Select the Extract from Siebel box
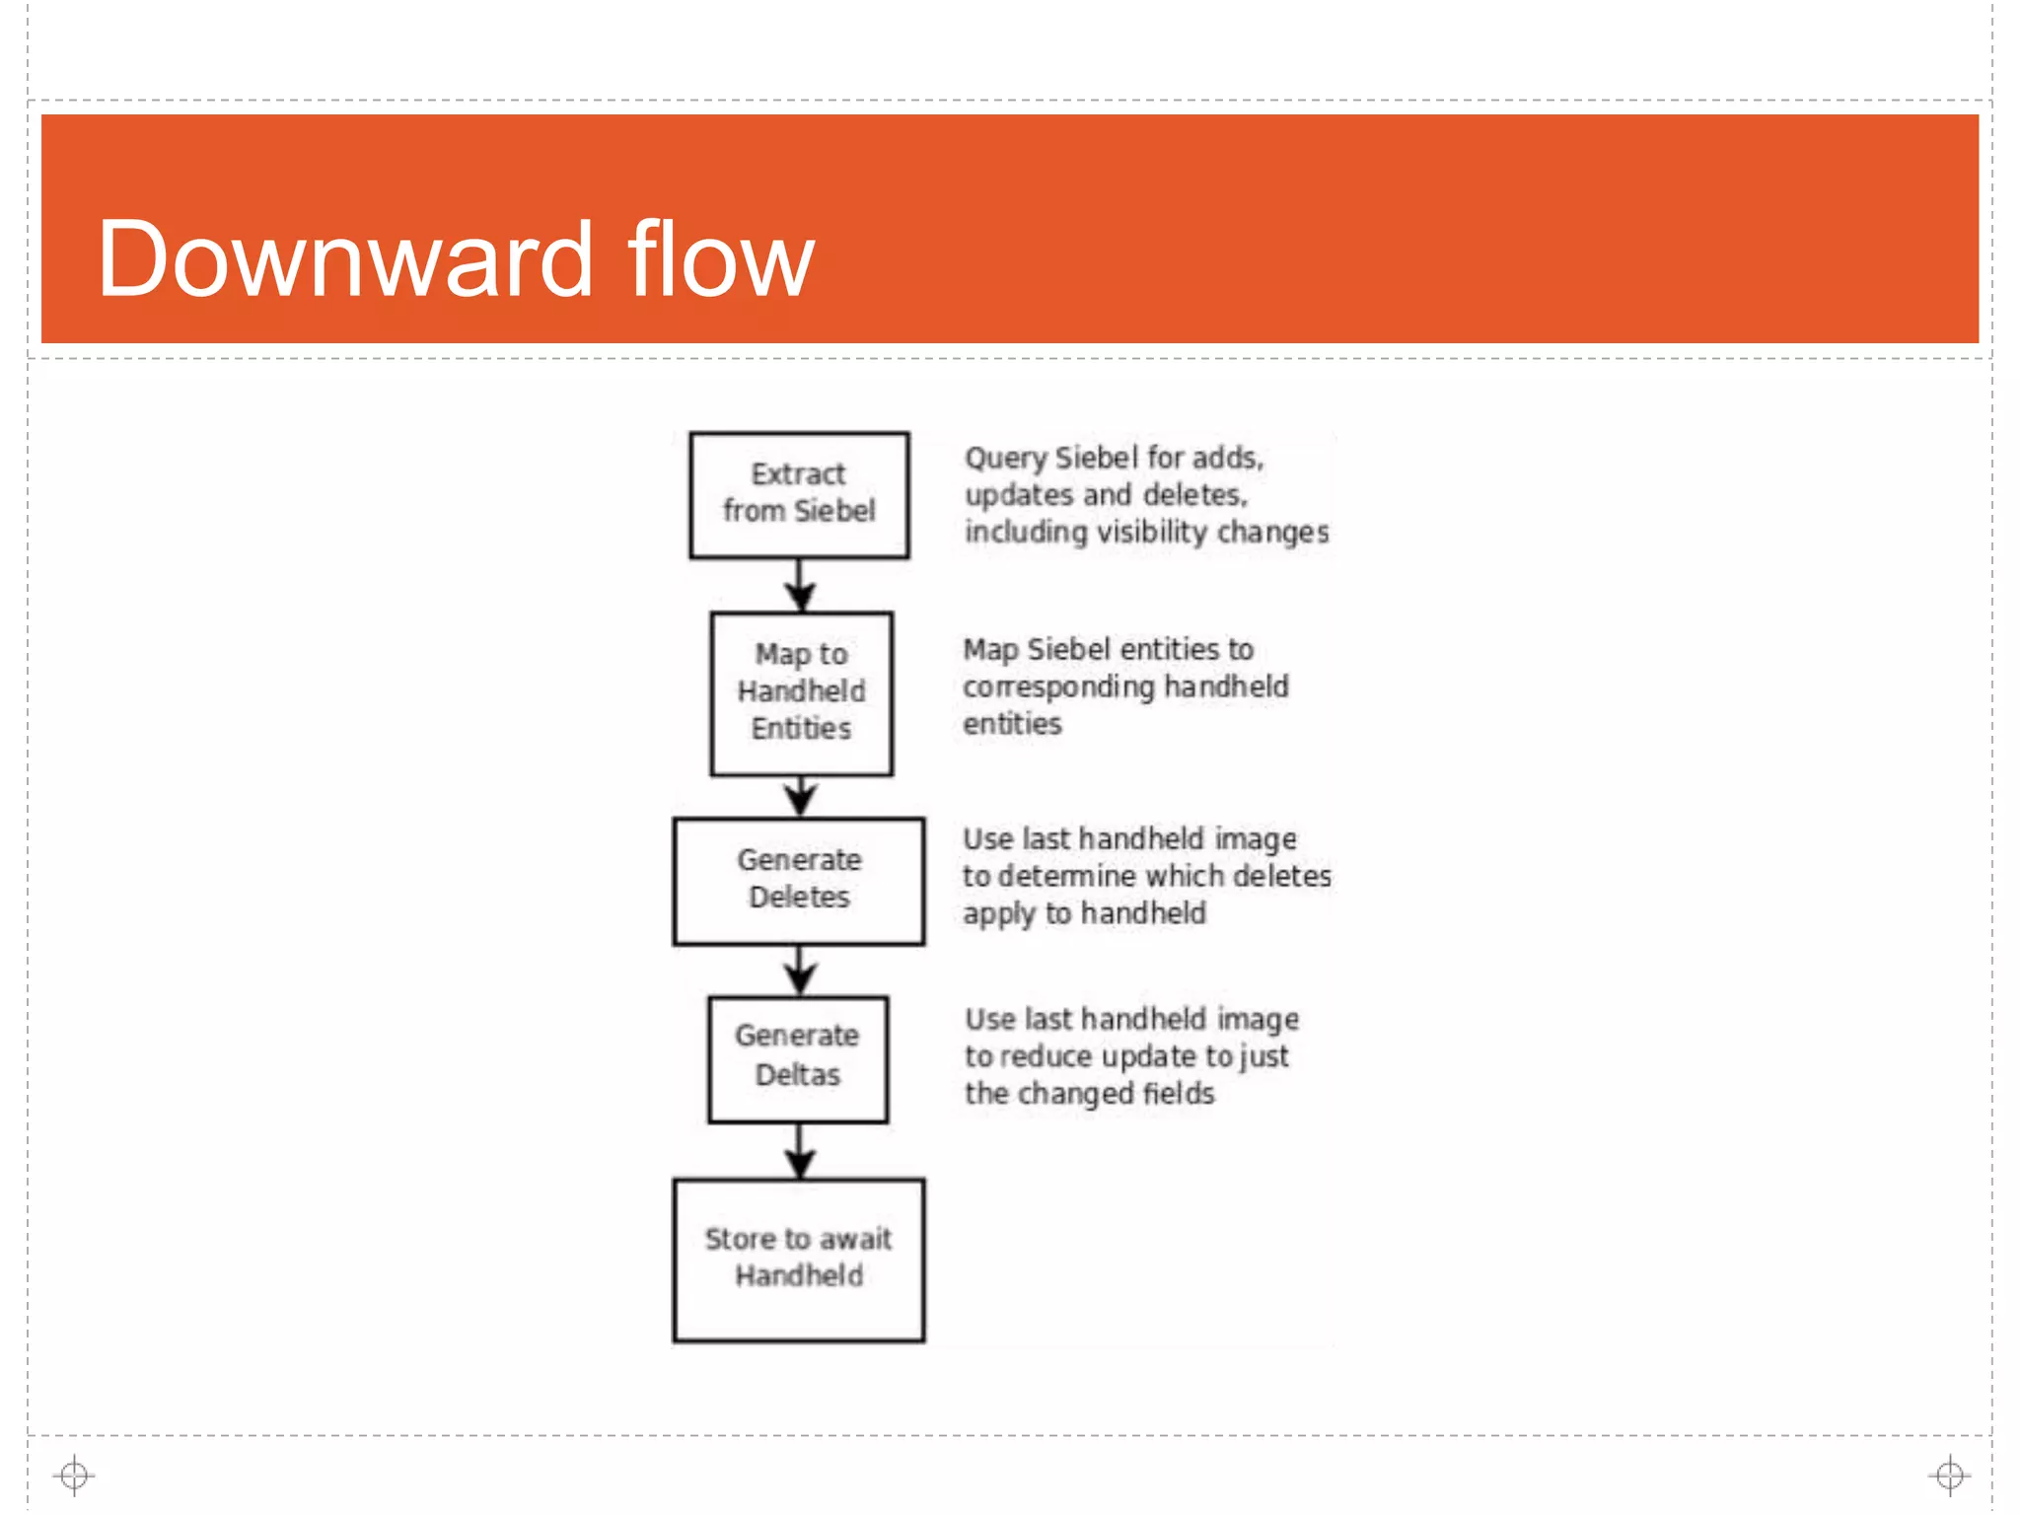[799, 494]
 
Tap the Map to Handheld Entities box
[801, 692]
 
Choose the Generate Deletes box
[799, 880]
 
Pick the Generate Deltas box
[797, 1057]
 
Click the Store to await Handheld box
[799, 1259]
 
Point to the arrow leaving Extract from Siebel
[800, 585]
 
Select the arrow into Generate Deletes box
[801, 795]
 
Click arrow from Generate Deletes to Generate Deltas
[800, 970]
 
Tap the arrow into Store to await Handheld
[800, 1150]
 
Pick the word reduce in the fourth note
[1046, 1056]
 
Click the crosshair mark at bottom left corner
[74, 1476]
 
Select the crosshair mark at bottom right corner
[1949, 1476]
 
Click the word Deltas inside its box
[797, 1075]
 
